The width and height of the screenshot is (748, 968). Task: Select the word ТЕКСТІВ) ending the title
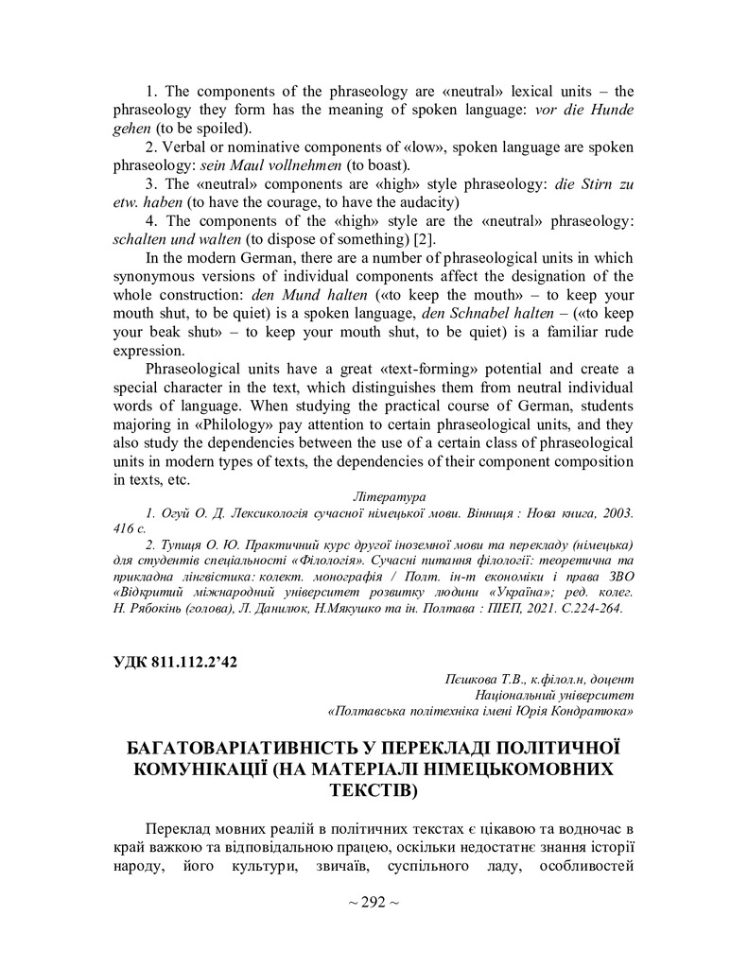[374, 788]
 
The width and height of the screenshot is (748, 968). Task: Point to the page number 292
[374, 902]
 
